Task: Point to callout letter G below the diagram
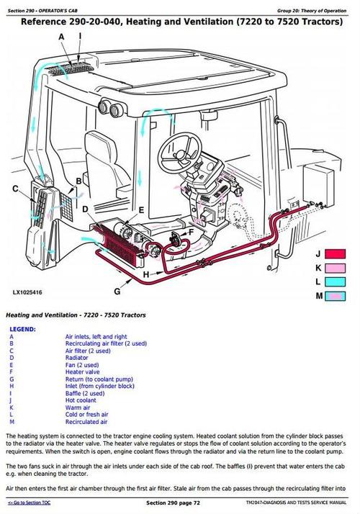[117, 291]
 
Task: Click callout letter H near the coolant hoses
[146, 275]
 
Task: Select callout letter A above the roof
[62, 36]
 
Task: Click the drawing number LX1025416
[27, 293]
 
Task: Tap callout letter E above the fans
[141, 209]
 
